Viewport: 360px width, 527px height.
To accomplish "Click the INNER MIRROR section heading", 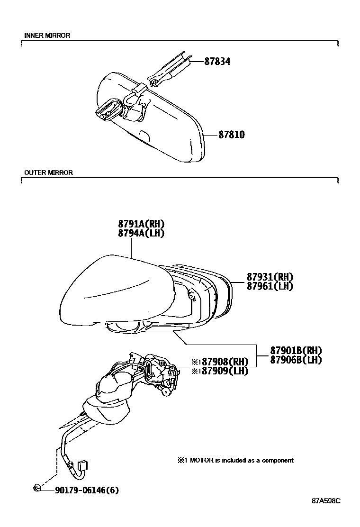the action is (47, 35).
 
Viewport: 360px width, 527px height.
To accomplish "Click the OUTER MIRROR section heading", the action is (48, 173).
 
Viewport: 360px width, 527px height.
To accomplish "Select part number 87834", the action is (217, 62).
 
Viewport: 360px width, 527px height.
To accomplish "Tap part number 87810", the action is (232, 135).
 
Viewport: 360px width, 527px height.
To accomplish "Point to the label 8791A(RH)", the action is (141, 224).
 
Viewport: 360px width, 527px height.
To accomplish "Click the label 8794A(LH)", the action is (141, 233).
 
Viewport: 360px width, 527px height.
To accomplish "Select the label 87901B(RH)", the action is (296, 351).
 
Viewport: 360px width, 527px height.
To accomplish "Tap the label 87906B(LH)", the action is (296, 360).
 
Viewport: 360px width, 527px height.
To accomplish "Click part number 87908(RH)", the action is (220, 362).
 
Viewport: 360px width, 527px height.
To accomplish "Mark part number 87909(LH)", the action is (220, 371).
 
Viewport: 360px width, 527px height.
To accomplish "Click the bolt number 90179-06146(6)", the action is (87, 491).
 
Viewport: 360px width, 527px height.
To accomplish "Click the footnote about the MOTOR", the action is (236, 461).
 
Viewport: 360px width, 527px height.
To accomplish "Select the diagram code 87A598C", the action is (326, 501).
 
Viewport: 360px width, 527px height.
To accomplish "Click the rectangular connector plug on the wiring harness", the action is (82, 466).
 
